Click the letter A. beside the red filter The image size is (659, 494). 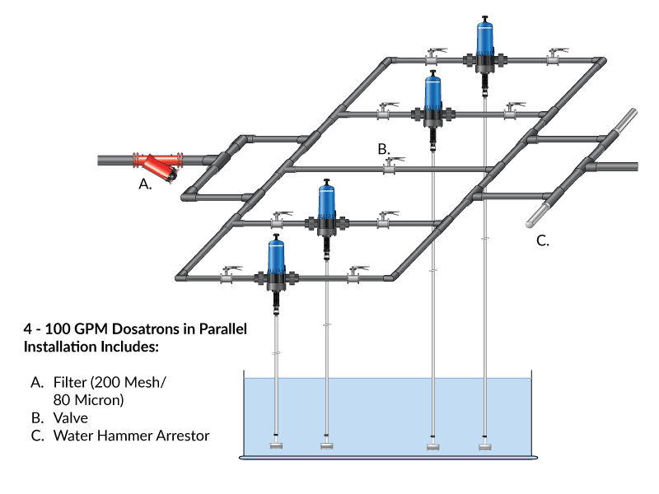pyautogui.click(x=145, y=186)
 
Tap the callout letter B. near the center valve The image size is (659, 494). pyautogui.click(x=383, y=149)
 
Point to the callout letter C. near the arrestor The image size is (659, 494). pyautogui.click(x=543, y=240)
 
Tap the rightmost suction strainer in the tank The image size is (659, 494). pyautogui.click(x=486, y=446)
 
